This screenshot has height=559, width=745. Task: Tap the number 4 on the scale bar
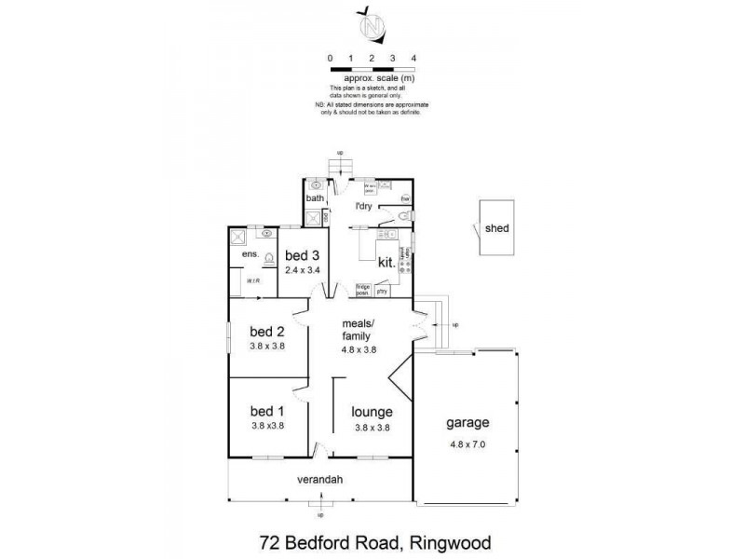click(x=413, y=58)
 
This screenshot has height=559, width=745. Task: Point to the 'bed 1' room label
click(x=266, y=411)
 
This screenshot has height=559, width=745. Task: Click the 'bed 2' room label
click(x=266, y=331)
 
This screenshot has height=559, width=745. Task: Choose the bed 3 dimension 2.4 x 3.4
click(x=303, y=270)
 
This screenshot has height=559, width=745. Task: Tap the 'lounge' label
click(x=371, y=411)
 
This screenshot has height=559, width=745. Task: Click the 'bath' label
click(x=315, y=198)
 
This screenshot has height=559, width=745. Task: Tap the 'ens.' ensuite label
click(x=249, y=254)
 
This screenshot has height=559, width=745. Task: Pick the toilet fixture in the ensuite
click(x=267, y=259)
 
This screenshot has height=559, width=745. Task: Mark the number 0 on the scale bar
click(x=331, y=58)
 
